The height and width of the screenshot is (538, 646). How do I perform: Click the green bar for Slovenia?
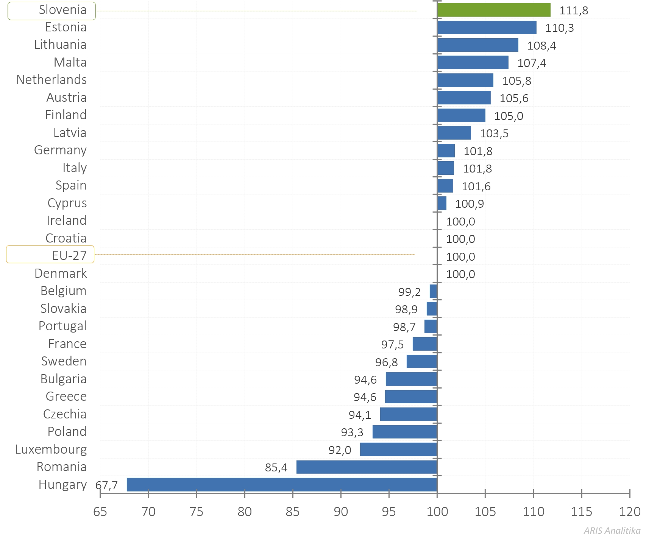point(493,10)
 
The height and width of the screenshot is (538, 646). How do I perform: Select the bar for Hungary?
point(282,484)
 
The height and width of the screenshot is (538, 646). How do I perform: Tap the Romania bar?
point(367,467)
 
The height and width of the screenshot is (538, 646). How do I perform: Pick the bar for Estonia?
point(487,27)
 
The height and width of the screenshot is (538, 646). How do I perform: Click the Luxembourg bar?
point(398,449)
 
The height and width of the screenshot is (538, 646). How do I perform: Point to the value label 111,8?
point(574,11)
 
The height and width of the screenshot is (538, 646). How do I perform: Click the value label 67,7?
point(107,485)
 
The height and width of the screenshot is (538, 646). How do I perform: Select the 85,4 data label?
point(276,468)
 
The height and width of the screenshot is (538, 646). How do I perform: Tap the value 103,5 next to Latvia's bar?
point(494,134)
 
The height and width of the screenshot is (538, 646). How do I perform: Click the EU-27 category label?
point(69,256)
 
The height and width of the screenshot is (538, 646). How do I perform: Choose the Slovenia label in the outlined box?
point(62,10)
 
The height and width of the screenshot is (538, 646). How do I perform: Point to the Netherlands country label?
point(51,80)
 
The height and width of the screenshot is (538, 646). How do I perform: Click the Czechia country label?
point(65,414)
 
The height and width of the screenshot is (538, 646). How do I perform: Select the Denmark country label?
point(61,274)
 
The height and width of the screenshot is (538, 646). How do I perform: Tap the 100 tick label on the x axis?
point(437,512)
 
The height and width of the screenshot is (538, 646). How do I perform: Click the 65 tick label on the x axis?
point(100,512)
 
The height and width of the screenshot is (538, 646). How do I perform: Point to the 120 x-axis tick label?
point(629,512)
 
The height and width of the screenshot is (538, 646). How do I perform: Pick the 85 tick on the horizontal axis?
point(292,512)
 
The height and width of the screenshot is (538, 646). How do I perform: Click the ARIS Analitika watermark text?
point(612,530)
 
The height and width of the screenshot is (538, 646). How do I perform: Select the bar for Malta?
point(473,62)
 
